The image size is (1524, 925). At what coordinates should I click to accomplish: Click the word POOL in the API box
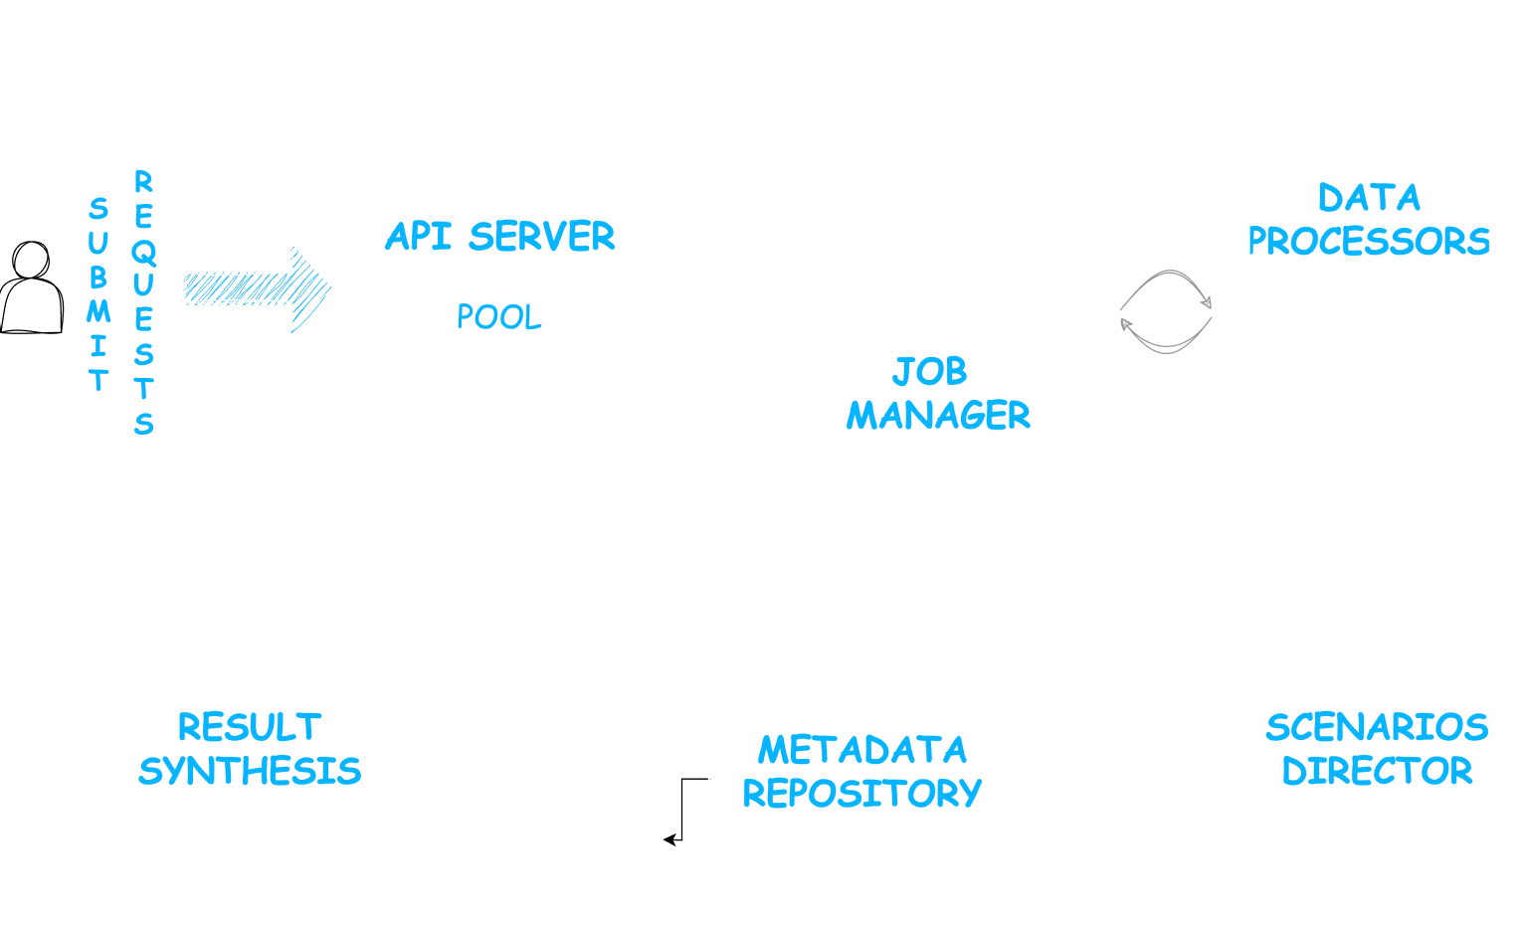pos(499,317)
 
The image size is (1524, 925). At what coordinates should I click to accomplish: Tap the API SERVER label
pos(499,237)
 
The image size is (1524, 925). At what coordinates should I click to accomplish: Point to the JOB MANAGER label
pos(937,394)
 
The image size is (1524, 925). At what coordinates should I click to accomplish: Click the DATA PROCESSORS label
pos(1369,220)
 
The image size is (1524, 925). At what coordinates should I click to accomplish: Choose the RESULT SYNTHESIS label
pos(250,749)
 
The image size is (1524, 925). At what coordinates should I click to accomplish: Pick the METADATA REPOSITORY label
pos(861,771)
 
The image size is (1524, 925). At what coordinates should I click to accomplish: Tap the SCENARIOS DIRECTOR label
pos(1377,749)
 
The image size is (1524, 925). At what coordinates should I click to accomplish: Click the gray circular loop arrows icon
pos(1166,311)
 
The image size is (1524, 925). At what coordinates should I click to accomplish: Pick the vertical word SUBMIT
pos(97,294)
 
